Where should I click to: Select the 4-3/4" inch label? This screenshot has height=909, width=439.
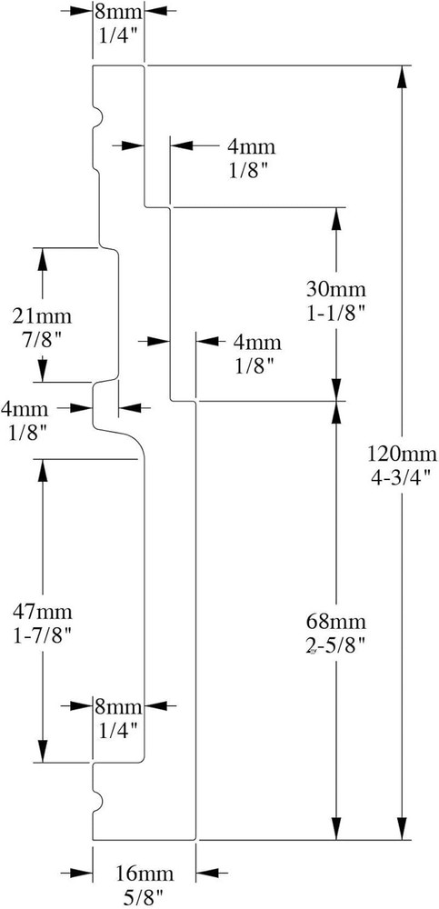402,477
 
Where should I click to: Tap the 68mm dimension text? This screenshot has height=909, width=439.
336,622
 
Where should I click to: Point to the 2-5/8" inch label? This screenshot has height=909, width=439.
336,647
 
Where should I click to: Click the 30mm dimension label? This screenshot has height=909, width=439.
336,288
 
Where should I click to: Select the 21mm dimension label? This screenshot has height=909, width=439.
43,316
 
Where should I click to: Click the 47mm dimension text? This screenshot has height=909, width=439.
43,611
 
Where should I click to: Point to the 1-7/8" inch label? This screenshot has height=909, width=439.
43,636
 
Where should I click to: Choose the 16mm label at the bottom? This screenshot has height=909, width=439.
145,873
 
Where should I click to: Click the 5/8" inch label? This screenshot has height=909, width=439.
145,898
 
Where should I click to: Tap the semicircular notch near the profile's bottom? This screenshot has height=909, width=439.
98,801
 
